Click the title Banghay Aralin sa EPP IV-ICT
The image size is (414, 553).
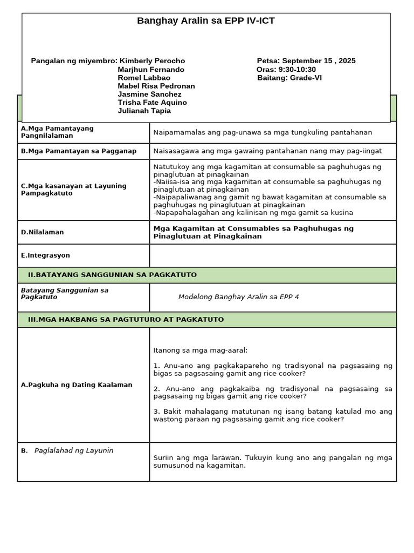206,21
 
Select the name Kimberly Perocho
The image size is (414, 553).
152,61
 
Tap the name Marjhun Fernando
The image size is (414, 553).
151,70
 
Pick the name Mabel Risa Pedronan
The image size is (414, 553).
156,86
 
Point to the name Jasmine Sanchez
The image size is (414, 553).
149,94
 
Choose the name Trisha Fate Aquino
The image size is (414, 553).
152,103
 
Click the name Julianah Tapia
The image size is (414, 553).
144,111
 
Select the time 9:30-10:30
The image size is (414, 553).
295,70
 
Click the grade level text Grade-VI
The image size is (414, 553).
306,78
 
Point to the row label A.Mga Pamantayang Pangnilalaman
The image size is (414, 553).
57,132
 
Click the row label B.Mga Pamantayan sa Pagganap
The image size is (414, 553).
79,151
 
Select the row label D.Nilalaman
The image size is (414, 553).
42,232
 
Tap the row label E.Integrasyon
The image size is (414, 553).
45,255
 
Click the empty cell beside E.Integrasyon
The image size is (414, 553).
273,255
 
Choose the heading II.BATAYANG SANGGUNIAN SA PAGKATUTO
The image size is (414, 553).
112,275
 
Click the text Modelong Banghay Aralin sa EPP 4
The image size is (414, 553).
238,297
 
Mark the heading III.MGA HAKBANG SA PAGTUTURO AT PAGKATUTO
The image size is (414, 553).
126,320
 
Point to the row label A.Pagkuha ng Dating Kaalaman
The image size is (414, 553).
77,385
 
